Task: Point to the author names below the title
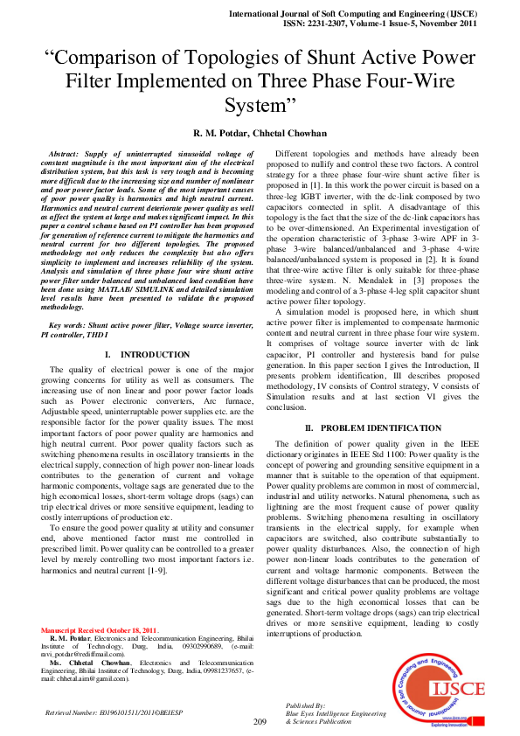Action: (260, 133)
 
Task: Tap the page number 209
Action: (260, 721)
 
